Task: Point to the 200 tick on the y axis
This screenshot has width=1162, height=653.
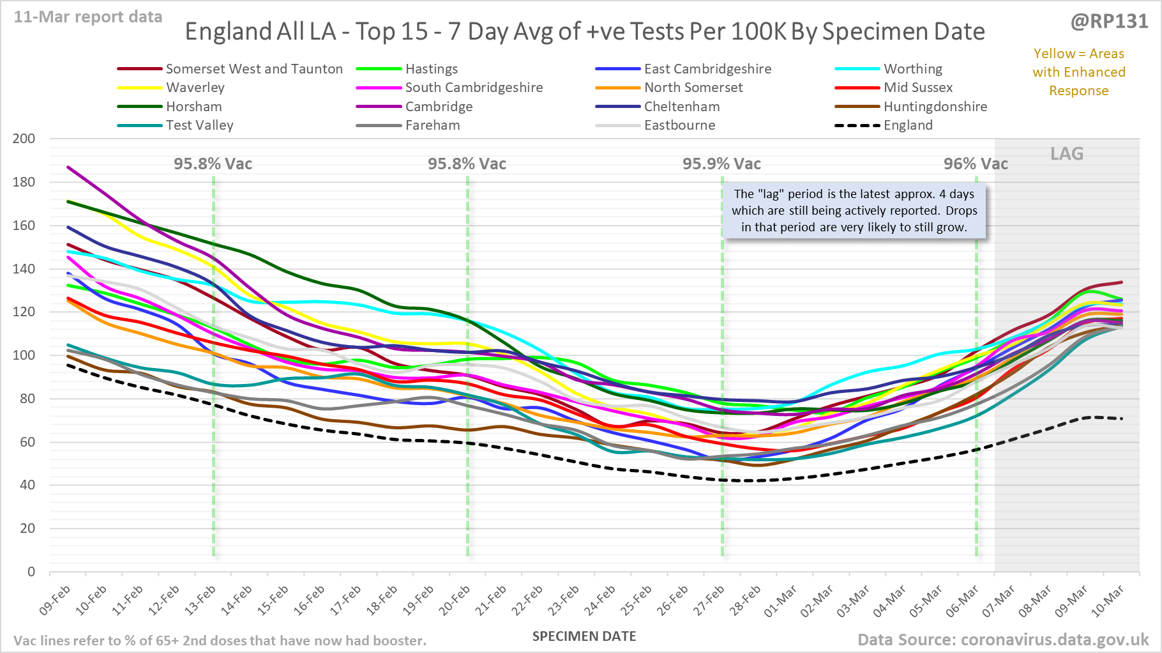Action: point(24,139)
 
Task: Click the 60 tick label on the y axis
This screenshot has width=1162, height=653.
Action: point(27,442)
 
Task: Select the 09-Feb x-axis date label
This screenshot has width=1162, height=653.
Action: point(56,600)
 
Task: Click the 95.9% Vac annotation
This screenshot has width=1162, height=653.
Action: point(721,164)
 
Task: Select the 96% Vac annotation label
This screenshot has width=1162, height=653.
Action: point(976,164)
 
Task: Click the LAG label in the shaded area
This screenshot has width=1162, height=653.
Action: point(1067,154)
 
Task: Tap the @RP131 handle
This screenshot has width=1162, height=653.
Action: point(1109,22)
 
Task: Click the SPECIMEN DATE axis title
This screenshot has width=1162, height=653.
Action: point(584,636)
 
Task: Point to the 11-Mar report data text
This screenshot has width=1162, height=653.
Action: point(88,17)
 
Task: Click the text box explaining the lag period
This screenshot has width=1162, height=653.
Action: point(854,211)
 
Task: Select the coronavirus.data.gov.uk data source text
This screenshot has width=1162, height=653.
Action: point(1002,640)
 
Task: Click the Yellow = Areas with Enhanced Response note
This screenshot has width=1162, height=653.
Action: point(1078,72)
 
